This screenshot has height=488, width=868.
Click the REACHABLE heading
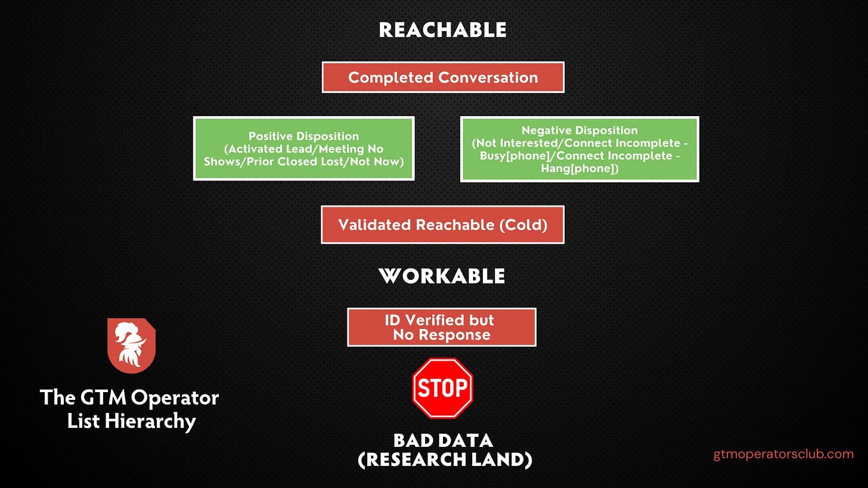pos(442,30)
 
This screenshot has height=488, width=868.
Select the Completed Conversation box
pos(443,77)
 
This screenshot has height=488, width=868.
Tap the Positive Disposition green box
pos(304,149)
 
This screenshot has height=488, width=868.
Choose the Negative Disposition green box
pos(579,149)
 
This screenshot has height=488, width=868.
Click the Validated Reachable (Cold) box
pos(442,225)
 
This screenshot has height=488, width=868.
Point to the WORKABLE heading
pos(442,276)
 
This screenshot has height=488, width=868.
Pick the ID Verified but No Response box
pos(442,327)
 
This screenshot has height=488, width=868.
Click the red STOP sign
pos(442,388)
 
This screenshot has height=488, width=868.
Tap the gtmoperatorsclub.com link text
pos(783,454)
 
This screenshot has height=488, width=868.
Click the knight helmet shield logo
pos(131,346)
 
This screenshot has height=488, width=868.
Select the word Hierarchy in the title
pos(150,421)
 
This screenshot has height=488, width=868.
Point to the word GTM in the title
pos(103,397)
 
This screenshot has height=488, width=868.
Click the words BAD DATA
pos(443,441)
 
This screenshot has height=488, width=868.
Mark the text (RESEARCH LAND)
pos(445,460)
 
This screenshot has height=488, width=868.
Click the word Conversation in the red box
pos(488,77)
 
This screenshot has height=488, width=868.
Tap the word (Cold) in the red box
pos(523,225)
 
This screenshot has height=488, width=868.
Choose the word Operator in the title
pos(175,398)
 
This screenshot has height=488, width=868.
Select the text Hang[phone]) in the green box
pos(579,169)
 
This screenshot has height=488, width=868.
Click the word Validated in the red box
pos(374,225)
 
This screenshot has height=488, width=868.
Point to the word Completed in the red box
pos(390,78)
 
